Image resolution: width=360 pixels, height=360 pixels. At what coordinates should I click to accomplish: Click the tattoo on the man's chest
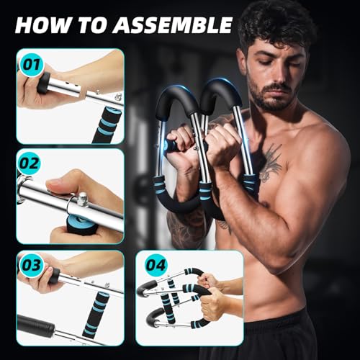269,163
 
